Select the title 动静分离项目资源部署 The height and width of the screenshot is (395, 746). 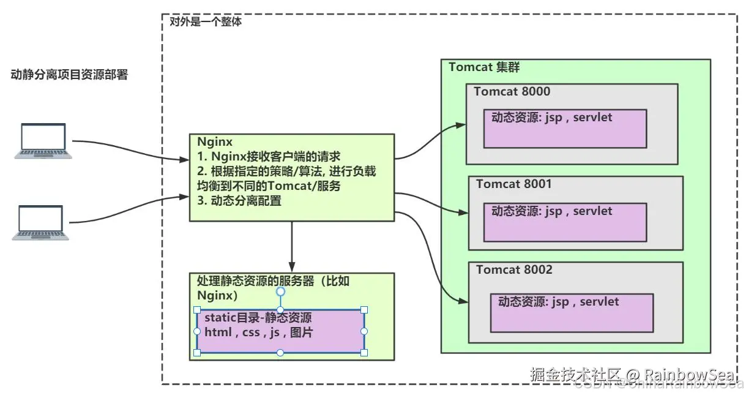coord(69,75)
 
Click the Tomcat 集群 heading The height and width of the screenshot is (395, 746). coord(484,67)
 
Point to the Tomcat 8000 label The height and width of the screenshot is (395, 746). coord(512,92)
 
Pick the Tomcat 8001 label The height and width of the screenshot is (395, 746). coord(514,184)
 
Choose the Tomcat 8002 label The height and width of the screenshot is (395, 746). coord(514,269)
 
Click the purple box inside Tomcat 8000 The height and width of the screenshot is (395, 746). coord(564,129)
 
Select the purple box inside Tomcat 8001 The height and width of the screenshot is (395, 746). coord(564,222)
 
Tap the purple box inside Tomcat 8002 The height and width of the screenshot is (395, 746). coord(571,313)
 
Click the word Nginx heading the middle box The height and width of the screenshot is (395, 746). coord(211,142)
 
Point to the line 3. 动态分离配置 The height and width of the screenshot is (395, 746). coord(239,200)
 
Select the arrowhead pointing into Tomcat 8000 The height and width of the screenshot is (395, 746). coord(460,126)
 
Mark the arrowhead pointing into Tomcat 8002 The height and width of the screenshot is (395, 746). coord(464,301)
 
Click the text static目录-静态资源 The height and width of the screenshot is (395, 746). coord(258,318)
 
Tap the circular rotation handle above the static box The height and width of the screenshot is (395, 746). coord(280,292)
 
